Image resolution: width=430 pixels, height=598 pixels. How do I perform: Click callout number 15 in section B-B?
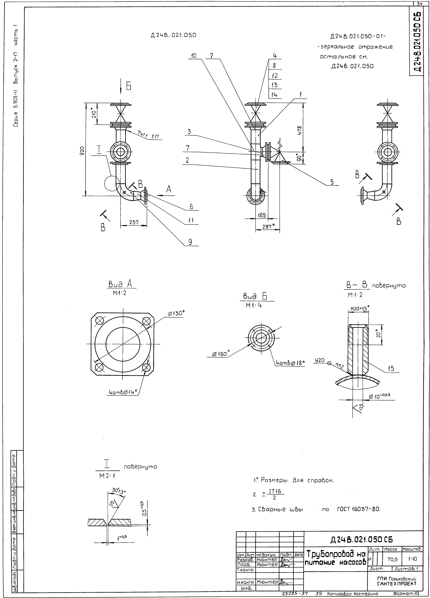tap(391, 368)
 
